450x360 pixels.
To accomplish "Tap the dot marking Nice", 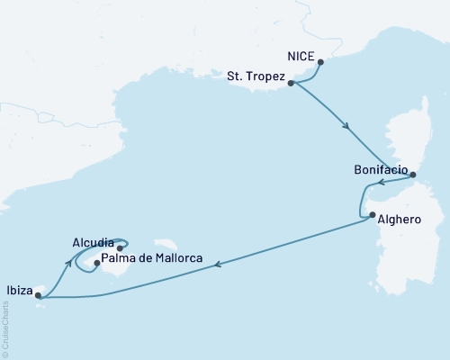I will point(322,63).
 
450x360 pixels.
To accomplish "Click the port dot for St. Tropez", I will point(291,83).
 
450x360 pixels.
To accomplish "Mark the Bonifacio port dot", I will point(413,175).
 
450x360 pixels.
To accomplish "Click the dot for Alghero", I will point(373,214).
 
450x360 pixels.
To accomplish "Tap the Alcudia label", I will point(94,242).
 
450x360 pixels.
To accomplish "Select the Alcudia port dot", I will point(120,247).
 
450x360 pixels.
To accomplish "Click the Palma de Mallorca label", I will point(150,259).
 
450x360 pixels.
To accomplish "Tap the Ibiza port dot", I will point(38,294).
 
